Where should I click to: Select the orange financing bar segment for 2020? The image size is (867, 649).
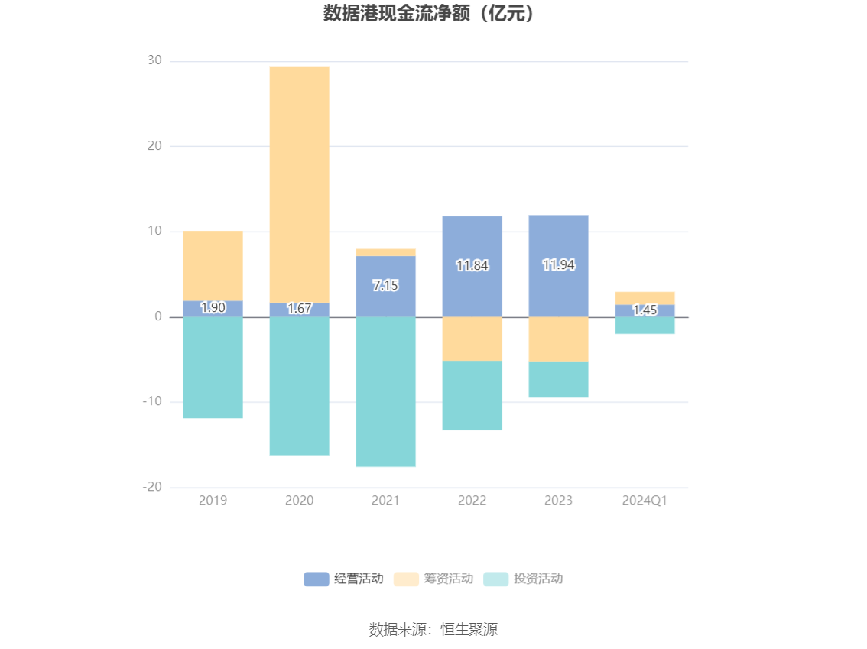pyautogui.click(x=299, y=183)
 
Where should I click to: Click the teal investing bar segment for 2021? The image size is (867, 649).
pyautogui.click(x=385, y=391)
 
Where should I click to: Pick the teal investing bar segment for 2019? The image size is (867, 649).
pyautogui.click(x=213, y=367)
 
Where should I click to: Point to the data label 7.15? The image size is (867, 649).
pyautogui.click(x=385, y=286)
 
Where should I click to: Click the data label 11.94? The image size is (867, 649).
pyautogui.click(x=558, y=265)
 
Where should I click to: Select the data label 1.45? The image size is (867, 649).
pyautogui.click(x=645, y=310)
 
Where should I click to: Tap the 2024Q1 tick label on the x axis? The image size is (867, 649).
pyautogui.click(x=645, y=501)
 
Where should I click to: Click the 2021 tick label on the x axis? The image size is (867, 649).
pyautogui.click(x=385, y=501)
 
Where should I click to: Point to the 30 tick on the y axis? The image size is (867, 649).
pyautogui.click(x=154, y=60)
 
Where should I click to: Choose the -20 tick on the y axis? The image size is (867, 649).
pyautogui.click(x=152, y=487)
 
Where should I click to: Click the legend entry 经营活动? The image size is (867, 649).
pyautogui.click(x=344, y=579)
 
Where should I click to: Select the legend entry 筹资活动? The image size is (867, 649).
pyautogui.click(x=433, y=579)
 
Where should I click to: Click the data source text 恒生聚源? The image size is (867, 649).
pyautogui.click(x=433, y=630)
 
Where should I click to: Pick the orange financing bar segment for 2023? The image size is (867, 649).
pyautogui.click(x=558, y=339)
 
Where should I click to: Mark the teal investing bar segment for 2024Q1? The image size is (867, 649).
pyautogui.click(x=645, y=325)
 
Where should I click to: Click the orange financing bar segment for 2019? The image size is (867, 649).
pyautogui.click(x=213, y=265)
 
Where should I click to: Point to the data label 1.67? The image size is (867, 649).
pyautogui.click(x=299, y=309)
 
